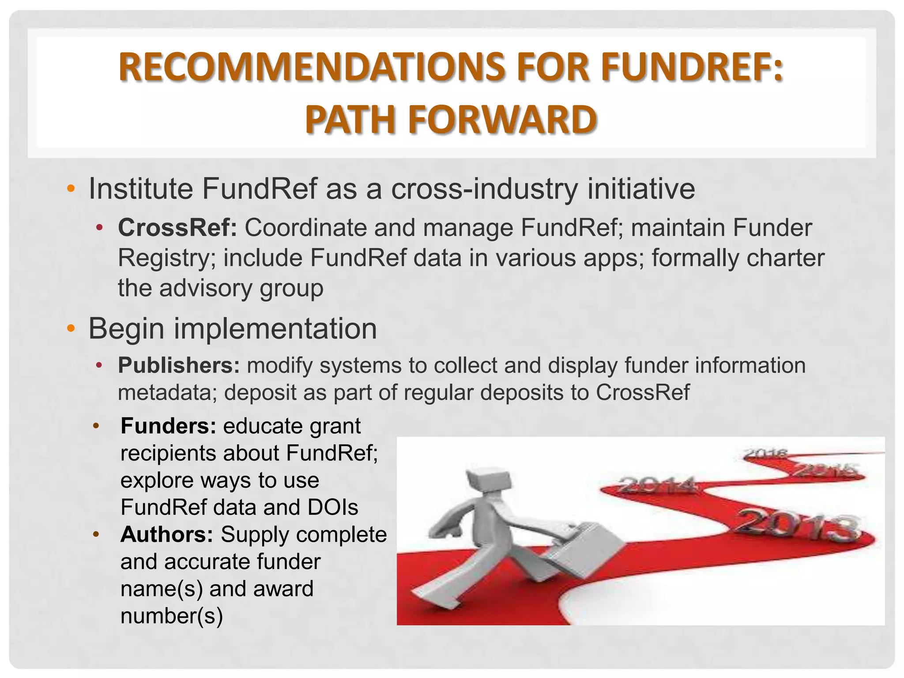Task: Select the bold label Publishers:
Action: [179, 365]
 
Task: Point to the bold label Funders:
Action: [168, 426]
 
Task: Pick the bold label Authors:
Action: [167, 535]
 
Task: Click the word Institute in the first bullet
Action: [141, 189]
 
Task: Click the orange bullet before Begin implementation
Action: [71, 329]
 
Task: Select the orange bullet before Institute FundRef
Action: [71, 189]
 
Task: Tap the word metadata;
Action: [168, 392]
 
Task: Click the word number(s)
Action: [172, 616]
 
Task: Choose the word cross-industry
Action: [484, 189]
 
